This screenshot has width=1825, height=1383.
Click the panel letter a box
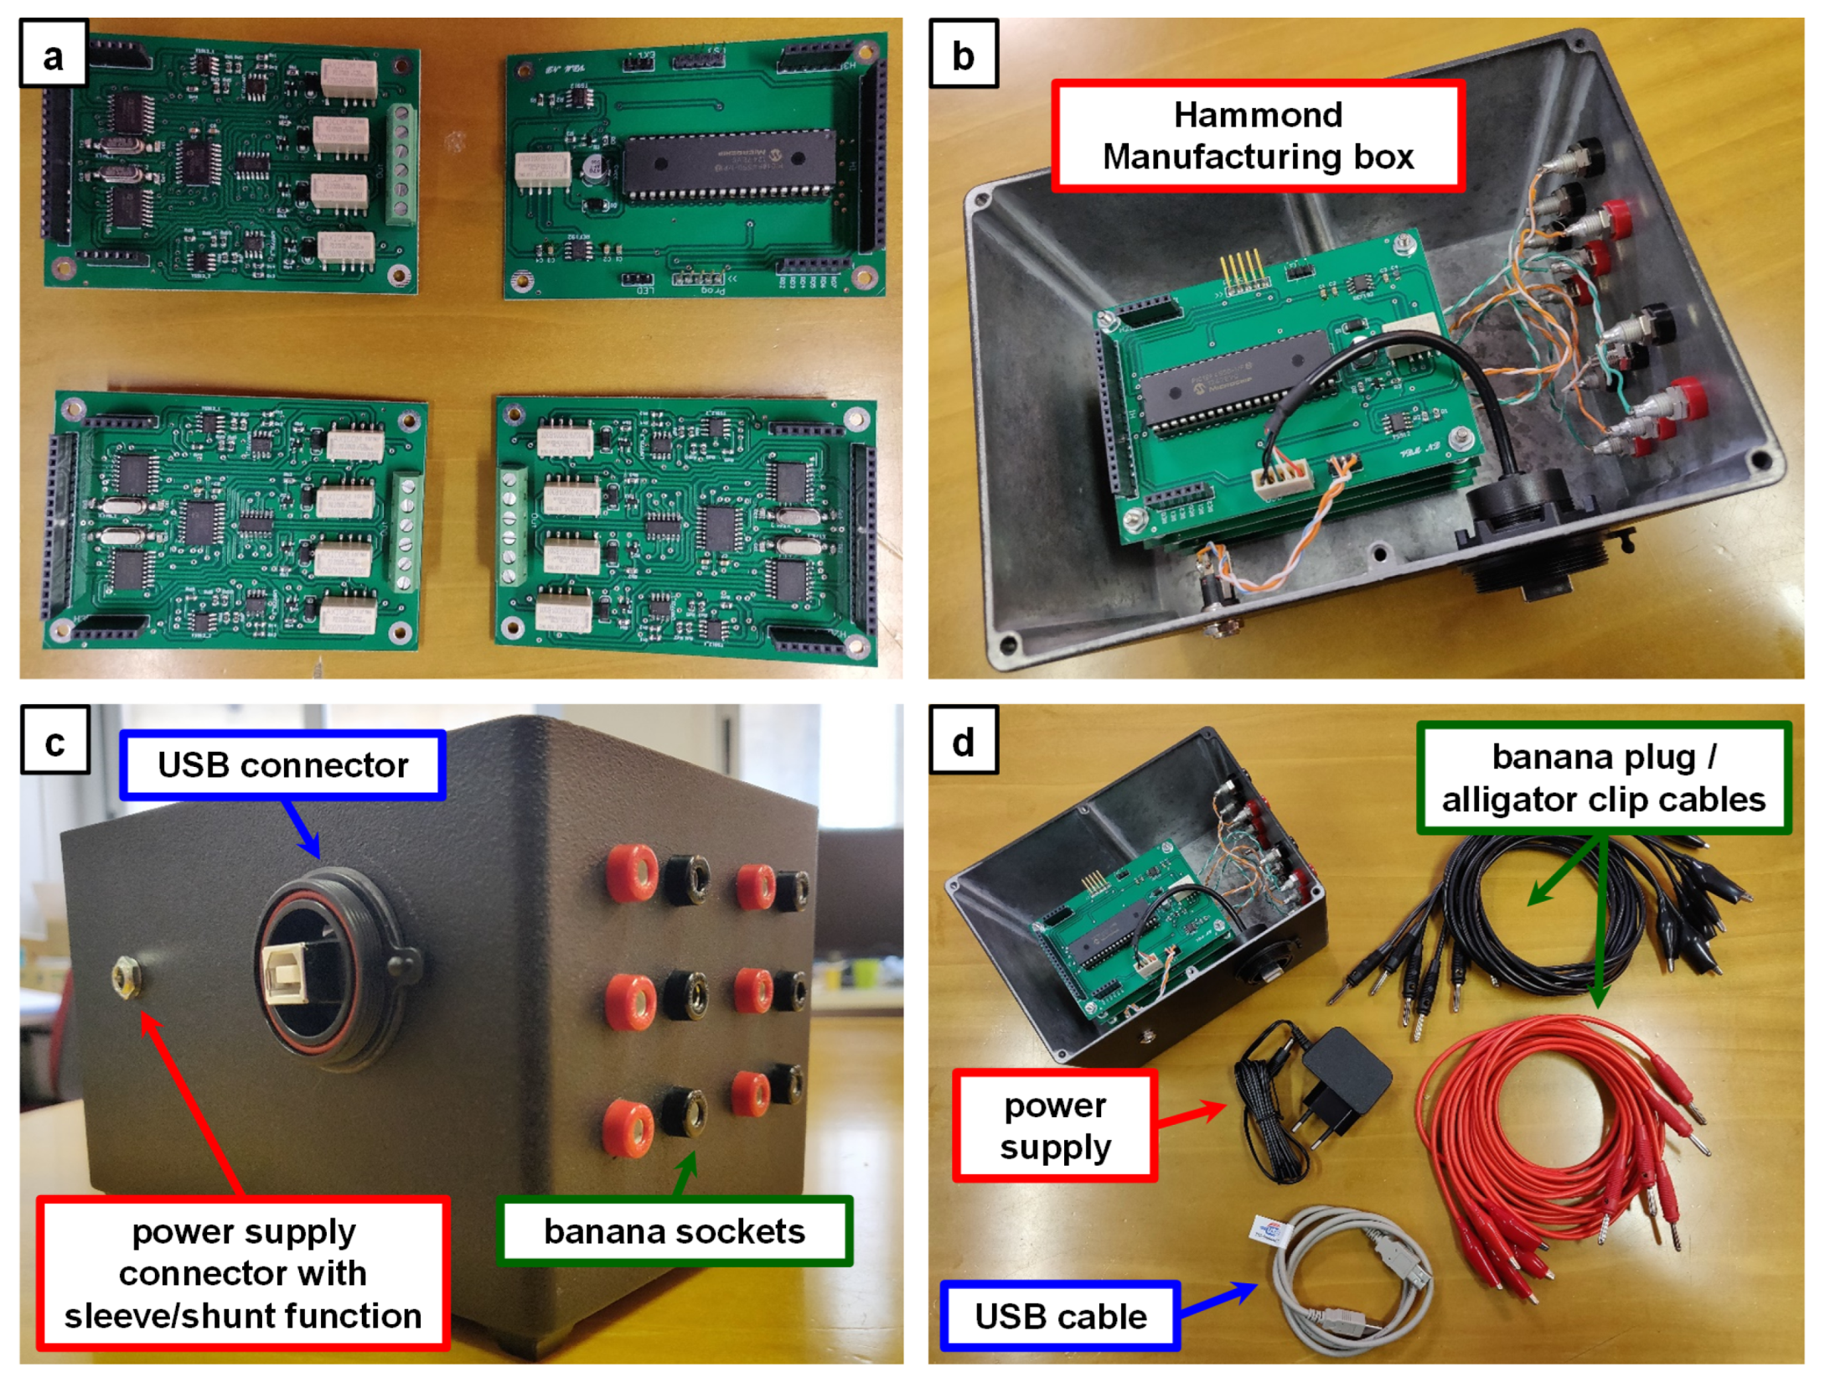pos(53,56)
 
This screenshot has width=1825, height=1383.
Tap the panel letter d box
pos(963,742)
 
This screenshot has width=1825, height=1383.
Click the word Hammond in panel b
pos(1257,115)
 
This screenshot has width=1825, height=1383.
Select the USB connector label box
pos(282,765)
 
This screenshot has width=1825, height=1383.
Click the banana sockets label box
pos(674,1230)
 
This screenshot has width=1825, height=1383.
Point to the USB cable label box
pos(1060,1316)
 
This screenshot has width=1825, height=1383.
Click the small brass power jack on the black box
pos(127,976)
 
